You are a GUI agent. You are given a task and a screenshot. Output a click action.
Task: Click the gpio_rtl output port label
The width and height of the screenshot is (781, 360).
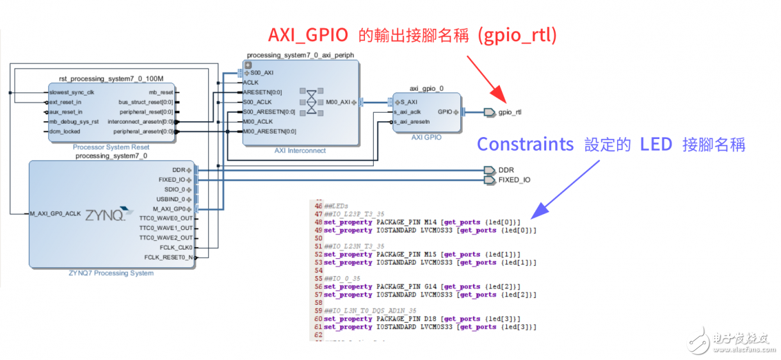pyautogui.click(x=510, y=112)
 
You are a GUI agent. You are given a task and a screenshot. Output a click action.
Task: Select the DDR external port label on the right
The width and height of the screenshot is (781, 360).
pyautogui.click(x=506, y=170)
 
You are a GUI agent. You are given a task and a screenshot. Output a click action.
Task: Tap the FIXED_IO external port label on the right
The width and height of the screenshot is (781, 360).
pyautogui.click(x=514, y=180)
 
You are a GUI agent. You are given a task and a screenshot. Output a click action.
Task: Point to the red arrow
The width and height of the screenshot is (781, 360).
pyautogui.click(x=486, y=77)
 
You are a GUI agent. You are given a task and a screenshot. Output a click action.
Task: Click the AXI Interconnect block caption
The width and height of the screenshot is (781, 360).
pyautogui.click(x=300, y=151)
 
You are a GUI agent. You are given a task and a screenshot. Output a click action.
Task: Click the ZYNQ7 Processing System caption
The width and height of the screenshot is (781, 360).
pyautogui.click(x=111, y=273)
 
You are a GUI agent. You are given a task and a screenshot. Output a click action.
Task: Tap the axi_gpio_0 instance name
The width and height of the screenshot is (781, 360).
pyautogui.click(x=426, y=88)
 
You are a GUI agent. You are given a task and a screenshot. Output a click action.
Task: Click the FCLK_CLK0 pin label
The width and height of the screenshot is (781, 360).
pyautogui.click(x=175, y=247)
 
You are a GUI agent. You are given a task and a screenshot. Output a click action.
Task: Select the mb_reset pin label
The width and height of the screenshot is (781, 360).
pyautogui.click(x=161, y=92)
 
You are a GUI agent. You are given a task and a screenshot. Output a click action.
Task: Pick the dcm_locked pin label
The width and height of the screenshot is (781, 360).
pyautogui.click(x=65, y=131)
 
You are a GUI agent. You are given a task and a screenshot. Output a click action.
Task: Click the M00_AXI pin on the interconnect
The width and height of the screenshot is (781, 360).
pyautogui.click(x=337, y=102)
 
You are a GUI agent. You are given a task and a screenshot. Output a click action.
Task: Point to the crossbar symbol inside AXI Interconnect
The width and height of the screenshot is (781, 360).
pyautogui.click(x=311, y=102)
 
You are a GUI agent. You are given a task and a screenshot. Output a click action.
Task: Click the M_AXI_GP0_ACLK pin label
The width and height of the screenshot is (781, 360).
pyautogui.click(x=54, y=214)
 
